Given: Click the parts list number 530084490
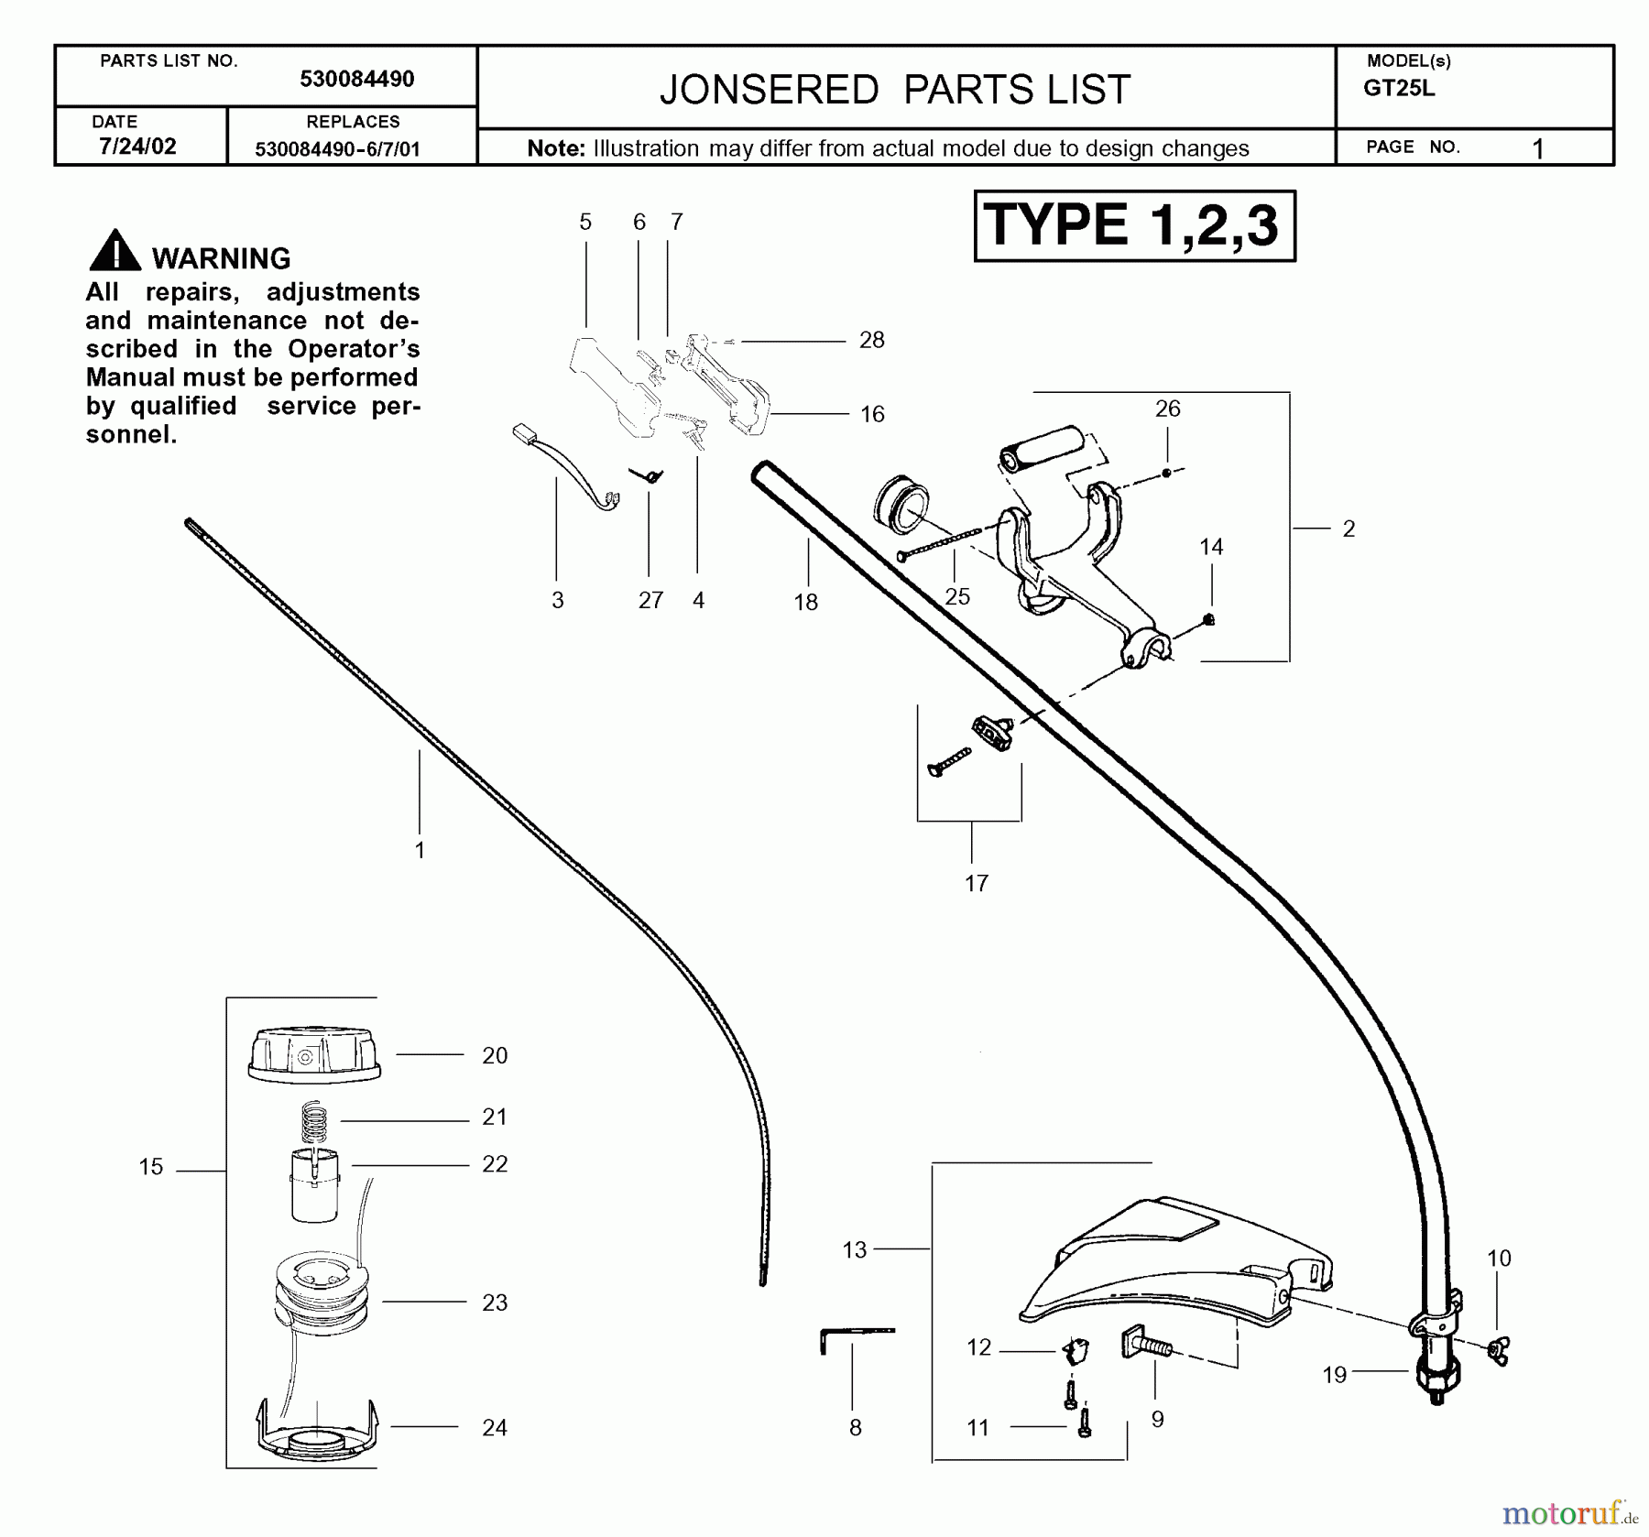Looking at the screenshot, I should point(356,80).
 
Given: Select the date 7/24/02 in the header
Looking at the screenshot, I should point(137,147).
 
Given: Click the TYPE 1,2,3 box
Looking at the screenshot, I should point(1134,225).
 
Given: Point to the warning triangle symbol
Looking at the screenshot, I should point(115,251).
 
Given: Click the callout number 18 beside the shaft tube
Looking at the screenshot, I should point(805,602).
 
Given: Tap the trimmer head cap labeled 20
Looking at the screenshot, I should point(313,1055).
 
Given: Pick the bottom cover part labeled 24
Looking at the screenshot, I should point(315,1429).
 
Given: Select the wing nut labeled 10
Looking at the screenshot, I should point(1499,1349).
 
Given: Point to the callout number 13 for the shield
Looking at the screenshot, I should point(854,1249).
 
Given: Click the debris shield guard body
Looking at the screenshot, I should point(1173,1264).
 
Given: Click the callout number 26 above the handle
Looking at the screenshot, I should point(1167,409).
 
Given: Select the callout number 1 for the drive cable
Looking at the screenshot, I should point(420,850).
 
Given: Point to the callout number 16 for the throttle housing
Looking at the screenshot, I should point(872,414).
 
